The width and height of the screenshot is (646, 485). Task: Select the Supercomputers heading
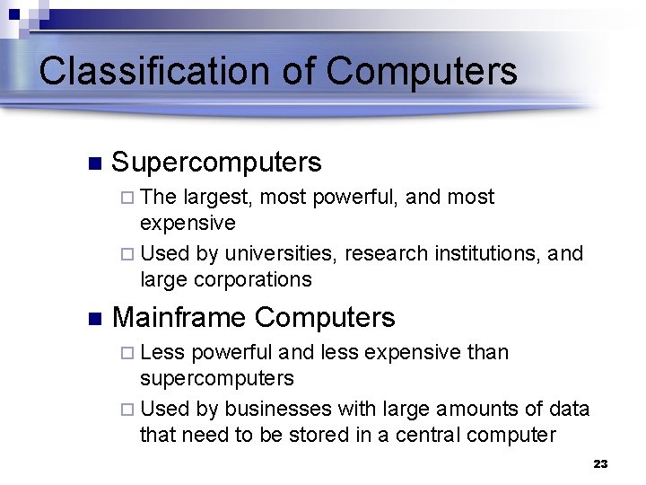click(x=216, y=163)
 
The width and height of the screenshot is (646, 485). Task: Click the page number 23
click(x=600, y=464)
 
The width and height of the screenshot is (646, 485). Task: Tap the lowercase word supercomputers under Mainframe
click(x=217, y=378)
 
